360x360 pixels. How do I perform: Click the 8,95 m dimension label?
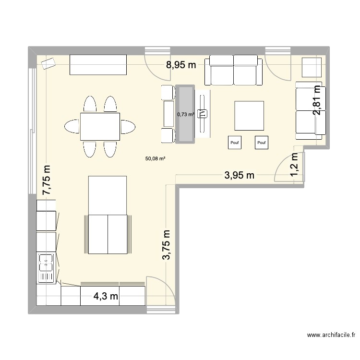[x=181, y=66]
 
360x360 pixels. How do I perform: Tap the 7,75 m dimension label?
[x=47, y=180]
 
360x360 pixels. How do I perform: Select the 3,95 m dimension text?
[x=239, y=175]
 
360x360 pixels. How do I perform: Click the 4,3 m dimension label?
[x=106, y=296]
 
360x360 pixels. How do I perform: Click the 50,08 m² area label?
[x=155, y=157]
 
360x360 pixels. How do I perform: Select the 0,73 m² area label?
[x=185, y=114]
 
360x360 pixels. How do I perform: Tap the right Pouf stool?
[x=262, y=142]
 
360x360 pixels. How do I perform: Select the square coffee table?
[x=249, y=116]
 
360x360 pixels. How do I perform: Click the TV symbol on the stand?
[x=203, y=113]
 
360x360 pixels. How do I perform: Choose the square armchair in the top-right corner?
[x=312, y=67]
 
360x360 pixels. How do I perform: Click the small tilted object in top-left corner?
[x=48, y=64]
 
